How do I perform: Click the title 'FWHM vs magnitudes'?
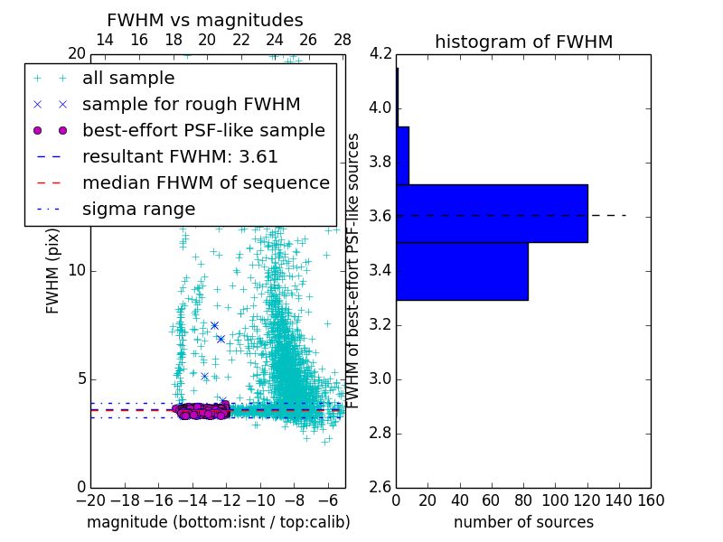click(204, 21)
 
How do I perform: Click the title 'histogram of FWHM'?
click(523, 42)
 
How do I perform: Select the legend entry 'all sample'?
click(128, 79)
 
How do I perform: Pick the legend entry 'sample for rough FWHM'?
click(191, 105)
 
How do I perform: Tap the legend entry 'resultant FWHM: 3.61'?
click(180, 157)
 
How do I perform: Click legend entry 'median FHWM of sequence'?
click(205, 183)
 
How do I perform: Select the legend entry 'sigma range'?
click(138, 210)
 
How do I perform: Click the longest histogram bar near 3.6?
click(492, 213)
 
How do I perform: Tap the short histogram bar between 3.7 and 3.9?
click(402, 155)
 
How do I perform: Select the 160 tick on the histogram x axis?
click(651, 500)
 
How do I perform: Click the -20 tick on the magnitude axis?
click(90, 500)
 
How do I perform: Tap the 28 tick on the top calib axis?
click(343, 40)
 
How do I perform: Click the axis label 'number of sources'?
click(523, 522)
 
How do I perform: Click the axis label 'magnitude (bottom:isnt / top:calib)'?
click(218, 522)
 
